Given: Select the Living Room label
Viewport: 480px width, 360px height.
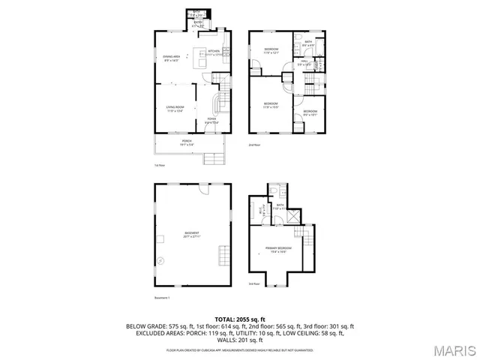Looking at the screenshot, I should point(175,110).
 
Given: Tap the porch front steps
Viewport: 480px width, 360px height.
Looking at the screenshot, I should point(214,157).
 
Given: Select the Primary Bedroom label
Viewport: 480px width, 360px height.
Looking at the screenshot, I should point(278,249).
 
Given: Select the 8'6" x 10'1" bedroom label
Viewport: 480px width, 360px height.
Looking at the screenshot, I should point(310,113).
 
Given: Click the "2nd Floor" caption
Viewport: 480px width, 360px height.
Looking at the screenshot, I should point(255,145).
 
